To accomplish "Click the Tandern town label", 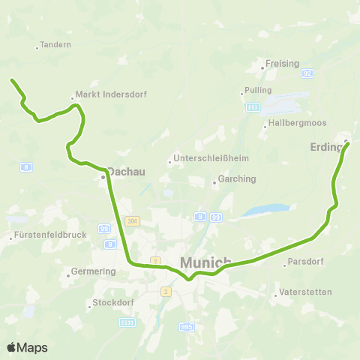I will pos(57,45).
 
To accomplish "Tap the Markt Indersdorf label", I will pos(109,95).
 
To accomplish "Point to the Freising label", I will pos(282,64).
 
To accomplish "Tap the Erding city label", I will pos(325,147).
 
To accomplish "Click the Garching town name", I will pos(236,179).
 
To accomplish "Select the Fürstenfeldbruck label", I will pos(50,235).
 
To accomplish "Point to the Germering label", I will pos(93,271).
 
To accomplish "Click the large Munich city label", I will pos(205,262).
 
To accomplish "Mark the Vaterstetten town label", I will pos(304,292).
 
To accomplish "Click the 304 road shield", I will pos(133,220).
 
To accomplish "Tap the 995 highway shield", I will pos(187,327).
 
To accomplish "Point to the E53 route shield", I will pos(253,107).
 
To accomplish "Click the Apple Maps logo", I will pos(27,347).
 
